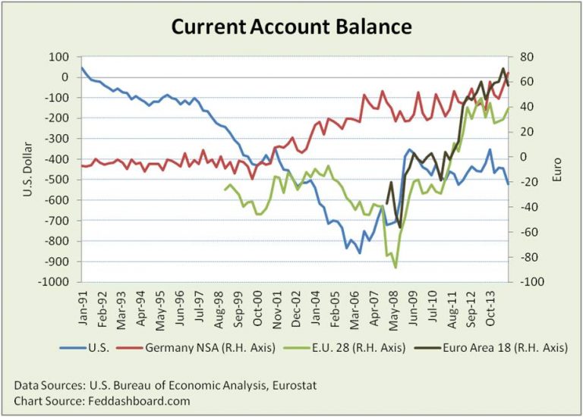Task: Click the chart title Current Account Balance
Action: tap(291, 27)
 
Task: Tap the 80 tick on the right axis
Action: tap(523, 57)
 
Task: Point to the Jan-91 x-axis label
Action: tap(84, 304)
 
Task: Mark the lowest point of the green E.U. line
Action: tap(395, 267)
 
